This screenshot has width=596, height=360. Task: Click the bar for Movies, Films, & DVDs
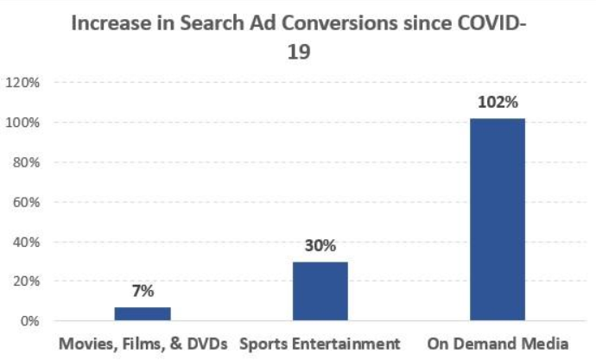click(x=143, y=313)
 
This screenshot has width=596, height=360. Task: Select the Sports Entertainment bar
click(x=320, y=291)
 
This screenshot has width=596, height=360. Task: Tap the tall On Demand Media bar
click(x=497, y=219)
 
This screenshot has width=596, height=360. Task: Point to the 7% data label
click(x=143, y=292)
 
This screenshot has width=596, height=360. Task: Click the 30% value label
click(x=320, y=245)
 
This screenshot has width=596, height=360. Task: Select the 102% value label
click(x=497, y=103)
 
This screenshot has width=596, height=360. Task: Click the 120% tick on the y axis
click(x=22, y=83)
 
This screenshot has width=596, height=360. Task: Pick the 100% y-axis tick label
click(x=22, y=123)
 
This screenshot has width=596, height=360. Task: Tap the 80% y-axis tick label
click(x=26, y=162)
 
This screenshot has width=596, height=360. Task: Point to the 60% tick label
click(x=26, y=202)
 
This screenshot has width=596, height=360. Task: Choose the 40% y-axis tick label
click(x=26, y=242)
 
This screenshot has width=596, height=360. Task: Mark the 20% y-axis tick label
click(x=26, y=281)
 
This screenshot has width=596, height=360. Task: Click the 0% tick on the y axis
click(x=29, y=321)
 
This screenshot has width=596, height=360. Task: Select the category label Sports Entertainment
click(x=320, y=344)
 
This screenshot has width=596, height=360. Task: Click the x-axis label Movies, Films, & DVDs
click(x=143, y=344)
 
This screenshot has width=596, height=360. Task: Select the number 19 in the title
click(x=299, y=51)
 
